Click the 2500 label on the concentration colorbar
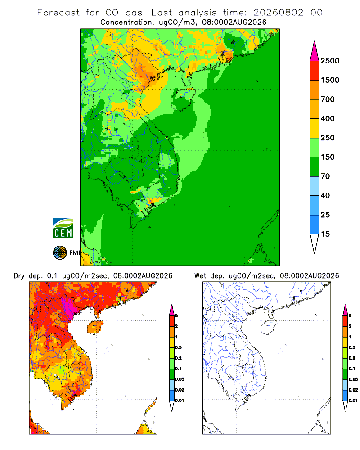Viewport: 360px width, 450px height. [330, 61]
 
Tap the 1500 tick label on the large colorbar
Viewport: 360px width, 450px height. [330, 80]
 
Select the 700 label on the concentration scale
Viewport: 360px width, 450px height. [328, 99]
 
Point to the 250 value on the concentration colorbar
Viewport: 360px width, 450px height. [328, 138]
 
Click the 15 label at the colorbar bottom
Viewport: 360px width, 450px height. [325, 234]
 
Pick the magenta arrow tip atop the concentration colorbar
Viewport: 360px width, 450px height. [315, 51]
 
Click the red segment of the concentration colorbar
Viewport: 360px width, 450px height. [315, 70]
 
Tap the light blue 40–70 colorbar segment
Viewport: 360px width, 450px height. [315, 186]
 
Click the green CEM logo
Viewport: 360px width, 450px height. [63, 229]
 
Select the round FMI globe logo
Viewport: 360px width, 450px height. [60, 253]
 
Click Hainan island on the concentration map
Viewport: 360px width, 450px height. [183, 99]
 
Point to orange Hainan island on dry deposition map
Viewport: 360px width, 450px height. [95, 327]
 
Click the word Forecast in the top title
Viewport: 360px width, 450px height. [58, 13]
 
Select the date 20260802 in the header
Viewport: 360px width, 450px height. [278, 13]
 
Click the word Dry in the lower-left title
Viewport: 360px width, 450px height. [19, 276]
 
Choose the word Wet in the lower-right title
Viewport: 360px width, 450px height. [200, 275]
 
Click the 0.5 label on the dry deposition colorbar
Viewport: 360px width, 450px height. [178, 347]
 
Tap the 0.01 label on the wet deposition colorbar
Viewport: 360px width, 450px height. [353, 400]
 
